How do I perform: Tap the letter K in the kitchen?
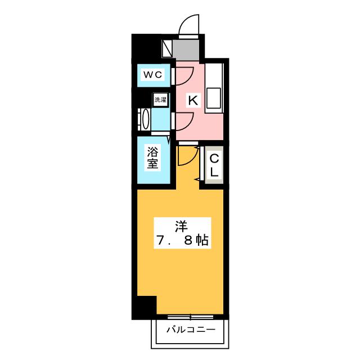point(192,101)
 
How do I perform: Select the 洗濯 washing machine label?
point(160,100)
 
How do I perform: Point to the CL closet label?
point(214,163)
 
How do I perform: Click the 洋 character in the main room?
point(180,226)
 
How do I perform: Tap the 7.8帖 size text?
point(181,241)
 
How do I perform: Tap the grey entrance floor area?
point(188,49)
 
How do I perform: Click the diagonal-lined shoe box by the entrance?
point(168,48)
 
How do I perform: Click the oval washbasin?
point(145,119)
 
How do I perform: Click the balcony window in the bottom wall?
point(190,316)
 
